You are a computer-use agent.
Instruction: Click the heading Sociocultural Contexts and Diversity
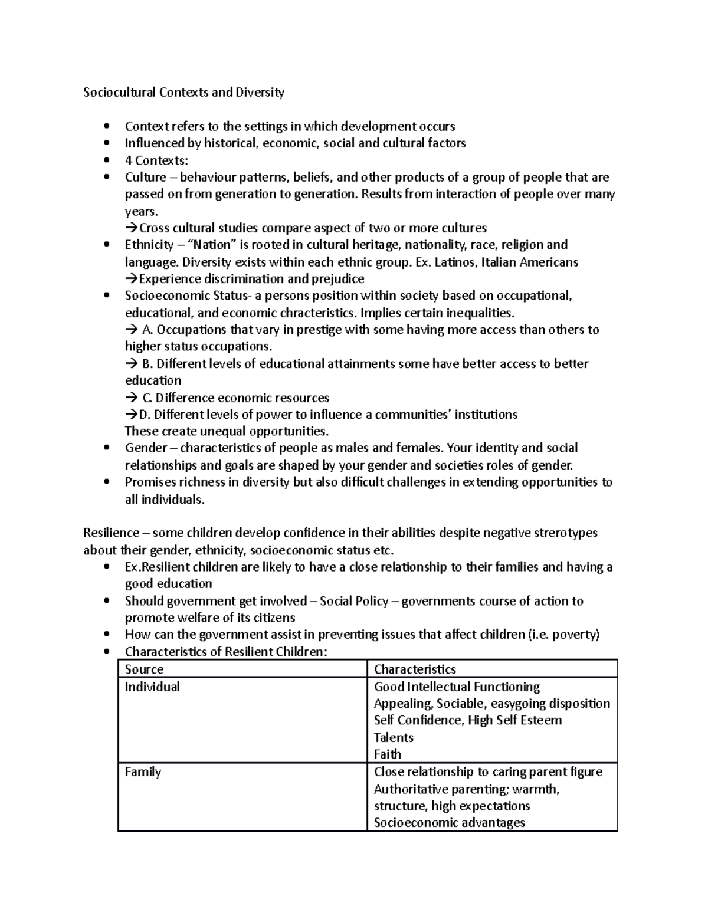[183, 93]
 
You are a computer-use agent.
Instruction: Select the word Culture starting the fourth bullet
[145, 178]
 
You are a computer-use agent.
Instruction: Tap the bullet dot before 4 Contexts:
[106, 160]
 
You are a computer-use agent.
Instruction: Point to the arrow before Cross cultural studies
[131, 228]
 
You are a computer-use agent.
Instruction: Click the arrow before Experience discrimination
[131, 279]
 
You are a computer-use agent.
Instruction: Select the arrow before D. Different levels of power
[131, 415]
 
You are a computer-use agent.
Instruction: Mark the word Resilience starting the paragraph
[111, 533]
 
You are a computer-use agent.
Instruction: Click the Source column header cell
[145, 669]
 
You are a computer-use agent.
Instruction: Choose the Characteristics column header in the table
[415, 669]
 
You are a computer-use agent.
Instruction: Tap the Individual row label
[152, 687]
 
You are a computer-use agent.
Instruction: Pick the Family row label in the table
[143, 772]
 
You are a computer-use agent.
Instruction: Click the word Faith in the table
[388, 754]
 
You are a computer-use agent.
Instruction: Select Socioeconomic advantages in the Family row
[449, 823]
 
